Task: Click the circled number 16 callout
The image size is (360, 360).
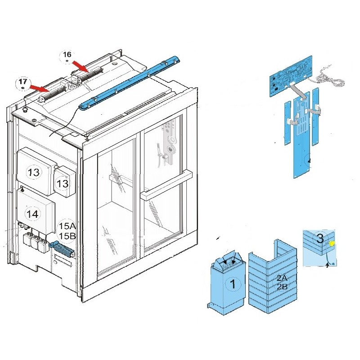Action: coord(67,57)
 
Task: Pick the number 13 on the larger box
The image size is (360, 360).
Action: coord(33,172)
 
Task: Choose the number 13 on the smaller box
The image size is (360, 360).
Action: coord(63,183)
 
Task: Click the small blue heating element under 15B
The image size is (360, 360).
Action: coord(62,248)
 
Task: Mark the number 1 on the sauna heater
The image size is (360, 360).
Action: coord(233,284)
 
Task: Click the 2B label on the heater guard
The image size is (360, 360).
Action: coord(282,287)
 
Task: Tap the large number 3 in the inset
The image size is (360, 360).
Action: coord(319,238)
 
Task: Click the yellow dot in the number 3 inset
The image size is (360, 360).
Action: coord(332,244)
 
